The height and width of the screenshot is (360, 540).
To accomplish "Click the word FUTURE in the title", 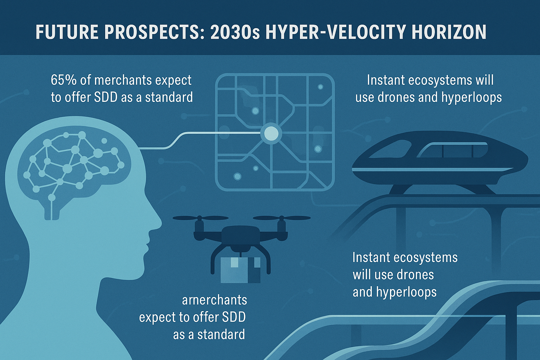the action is point(67,32).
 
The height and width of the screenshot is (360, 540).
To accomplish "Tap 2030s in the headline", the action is point(235,32).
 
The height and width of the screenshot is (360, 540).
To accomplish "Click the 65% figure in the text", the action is point(63,80).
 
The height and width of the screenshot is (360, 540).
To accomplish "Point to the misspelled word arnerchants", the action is point(214,301).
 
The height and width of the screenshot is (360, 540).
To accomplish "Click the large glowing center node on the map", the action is point(271,133).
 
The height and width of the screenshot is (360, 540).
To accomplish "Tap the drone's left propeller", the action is point(200,218).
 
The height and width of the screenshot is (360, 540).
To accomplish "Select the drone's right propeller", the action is point(282,218).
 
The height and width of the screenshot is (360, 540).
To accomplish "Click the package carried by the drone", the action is point(240,270).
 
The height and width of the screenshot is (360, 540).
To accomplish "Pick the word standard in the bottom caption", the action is point(221,335).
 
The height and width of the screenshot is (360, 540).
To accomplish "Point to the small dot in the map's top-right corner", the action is point(320,87).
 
